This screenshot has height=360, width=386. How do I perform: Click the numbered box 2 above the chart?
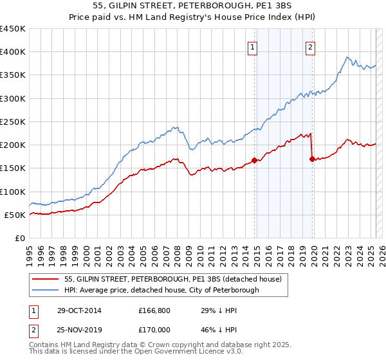310,47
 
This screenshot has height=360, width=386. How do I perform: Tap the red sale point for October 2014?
255,160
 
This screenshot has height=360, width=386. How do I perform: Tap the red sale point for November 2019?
312,159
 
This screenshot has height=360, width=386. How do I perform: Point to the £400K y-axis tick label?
13,52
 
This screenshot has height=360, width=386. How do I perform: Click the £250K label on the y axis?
13,122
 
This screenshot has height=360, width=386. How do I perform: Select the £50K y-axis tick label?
15,215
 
